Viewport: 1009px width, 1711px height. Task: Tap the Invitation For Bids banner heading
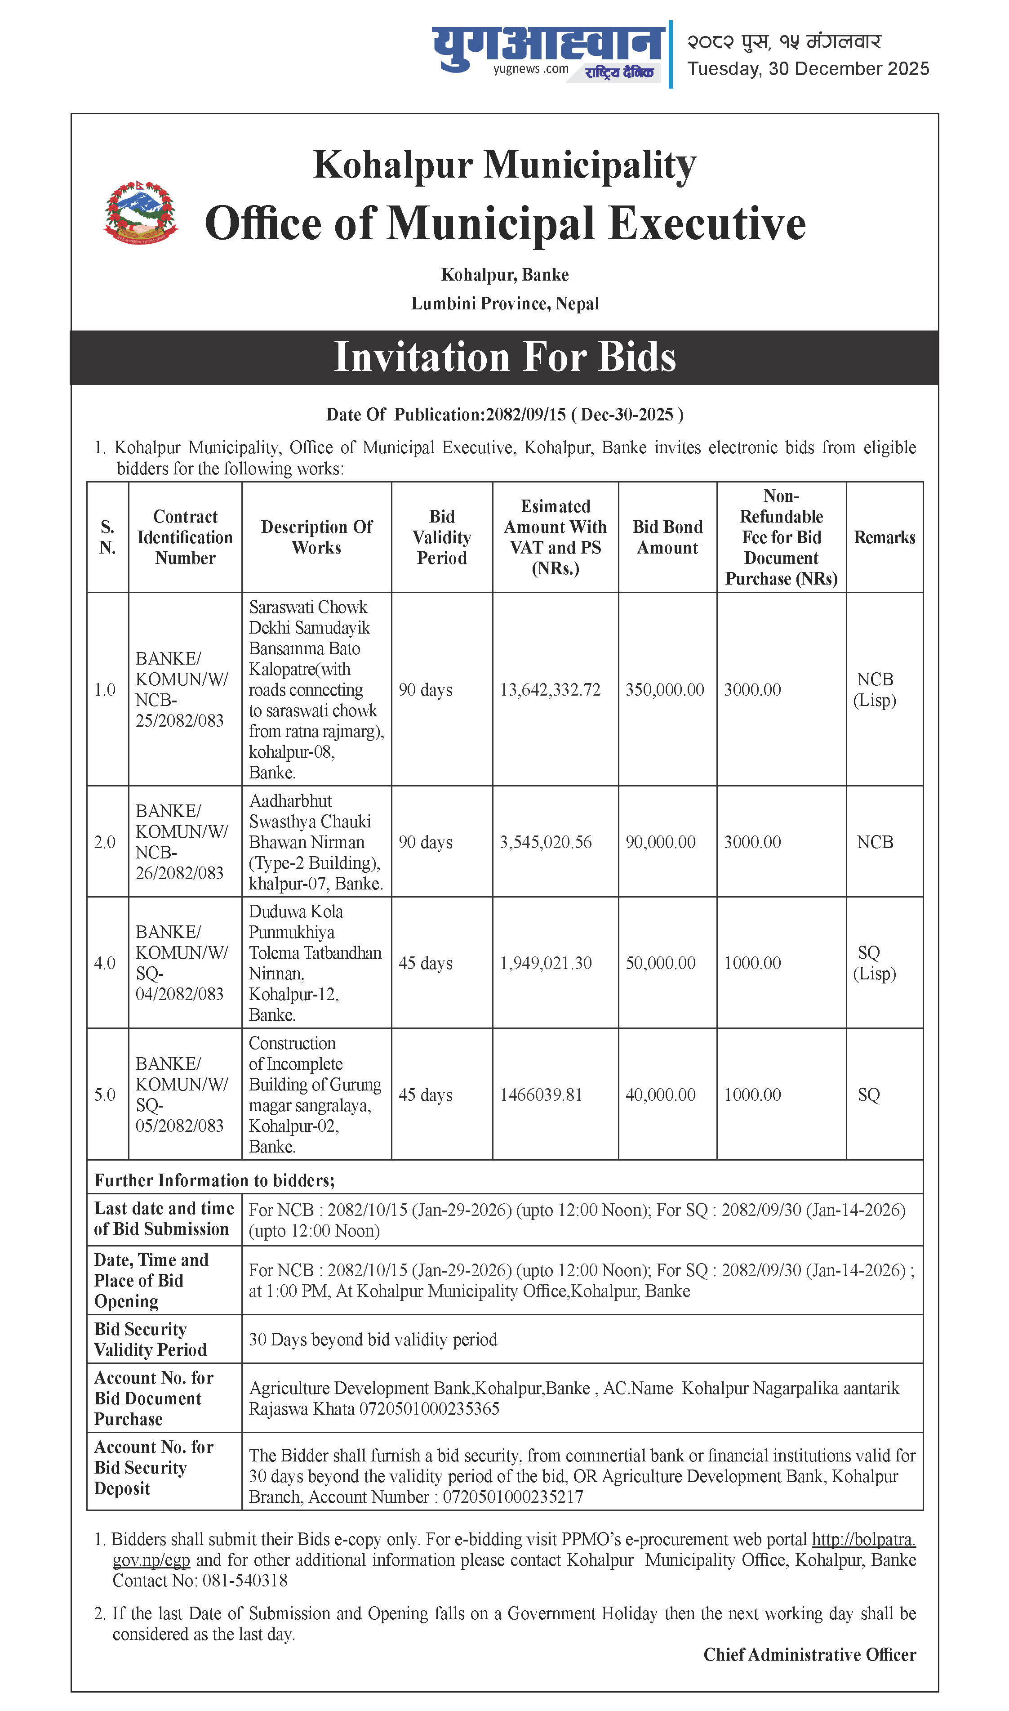pyautogui.click(x=504, y=357)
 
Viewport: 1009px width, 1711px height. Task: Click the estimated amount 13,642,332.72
pyautogui.click(x=550, y=689)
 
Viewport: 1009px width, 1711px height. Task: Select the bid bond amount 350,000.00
pyautogui.click(x=664, y=689)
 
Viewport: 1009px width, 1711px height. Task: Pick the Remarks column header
pyautogui.click(x=884, y=537)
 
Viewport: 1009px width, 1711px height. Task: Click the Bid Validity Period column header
pyautogui.click(x=441, y=537)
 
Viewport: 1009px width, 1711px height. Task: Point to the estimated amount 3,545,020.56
pyautogui.click(x=545, y=842)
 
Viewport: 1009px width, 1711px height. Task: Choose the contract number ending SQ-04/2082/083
pyautogui.click(x=179, y=963)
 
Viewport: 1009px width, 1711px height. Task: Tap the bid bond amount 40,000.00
pyautogui.click(x=660, y=1095)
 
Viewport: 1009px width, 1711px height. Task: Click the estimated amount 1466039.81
pyautogui.click(x=541, y=1095)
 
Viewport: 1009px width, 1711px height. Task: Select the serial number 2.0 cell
pyautogui.click(x=105, y=842)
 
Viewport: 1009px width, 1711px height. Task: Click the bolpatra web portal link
pyautogui.click(x=863, y=1539)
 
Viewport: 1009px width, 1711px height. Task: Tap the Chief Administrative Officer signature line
pyautogui.click(x=809, y=1654)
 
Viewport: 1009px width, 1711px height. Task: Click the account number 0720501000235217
pyautogui.click(x=513, y=1497)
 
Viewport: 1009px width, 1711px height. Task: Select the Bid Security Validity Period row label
pyautogui.click(x=150, y=1339)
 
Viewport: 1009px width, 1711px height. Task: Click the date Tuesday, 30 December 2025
pyautogui.click(x=808, y=69)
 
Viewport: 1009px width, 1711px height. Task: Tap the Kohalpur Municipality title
pyautogui.click(x=504, y=165)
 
